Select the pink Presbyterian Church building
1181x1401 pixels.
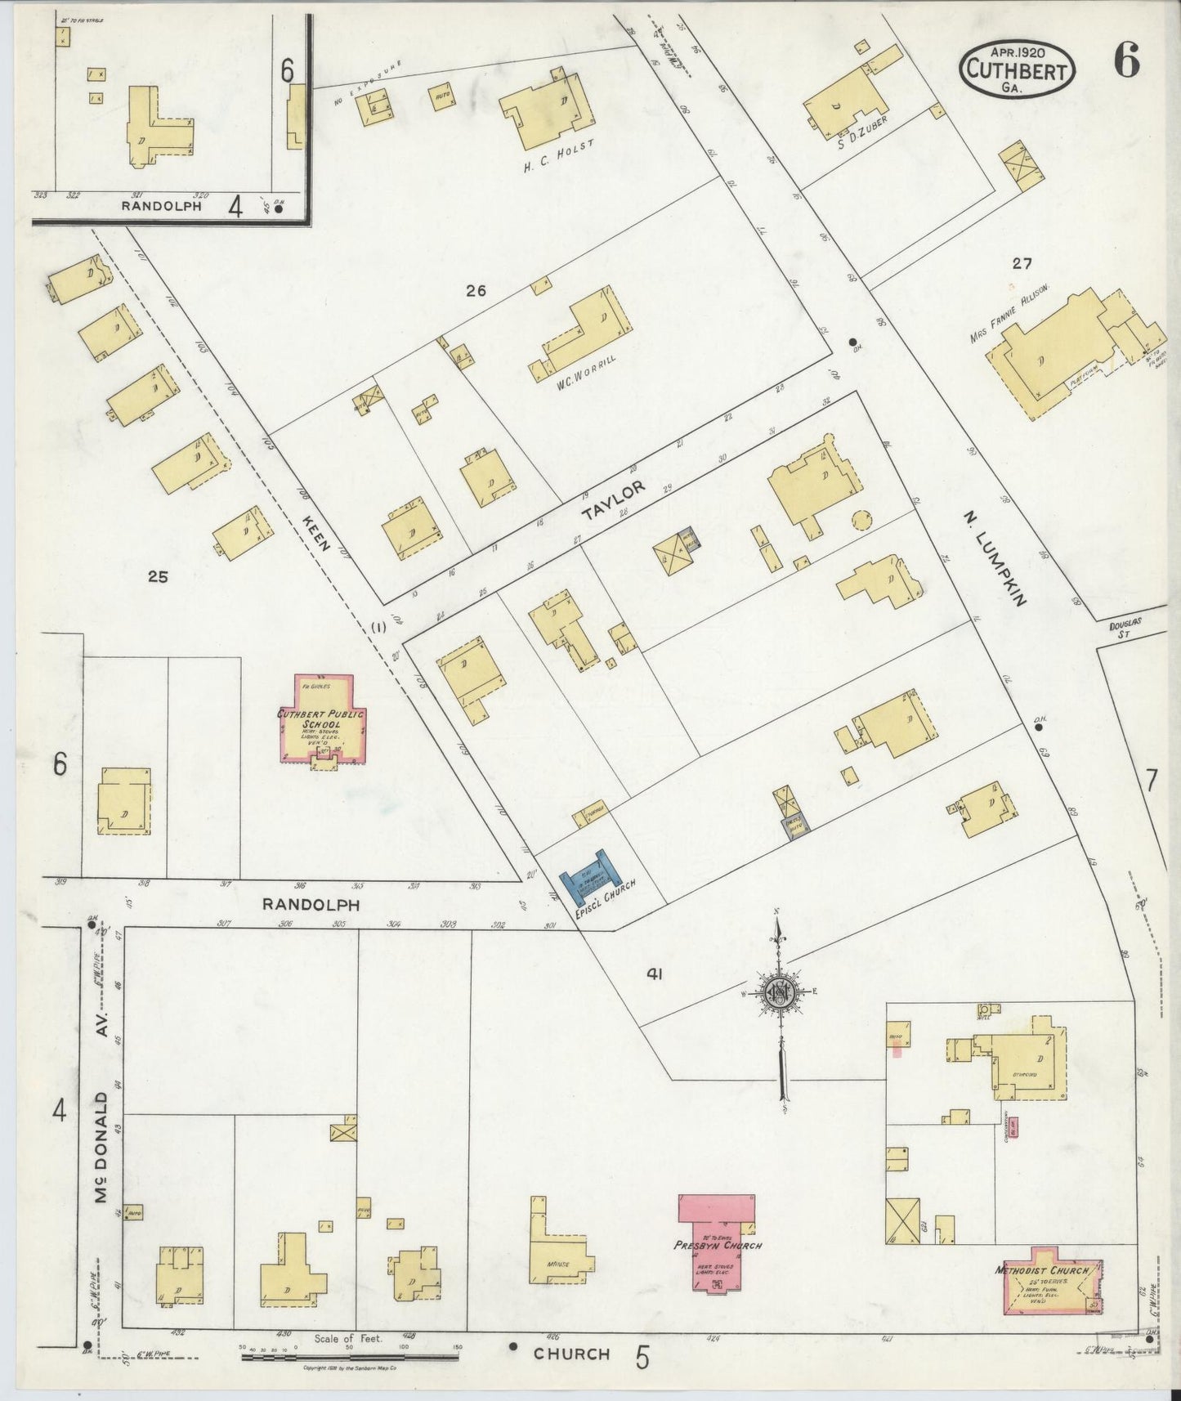tap(716, 1244)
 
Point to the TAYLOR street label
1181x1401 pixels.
tap(614, 500)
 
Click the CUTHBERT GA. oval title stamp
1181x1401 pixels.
tap(1017, 70)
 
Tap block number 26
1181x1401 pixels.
tap(476, 289)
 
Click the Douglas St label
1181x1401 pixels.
tap(1125, 628)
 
